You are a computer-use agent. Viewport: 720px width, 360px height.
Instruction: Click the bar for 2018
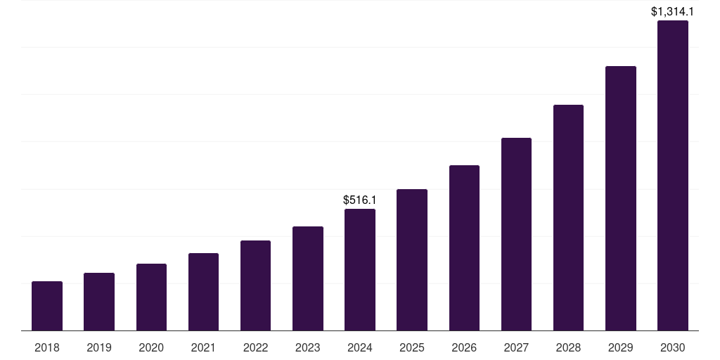click(x=47, y=306)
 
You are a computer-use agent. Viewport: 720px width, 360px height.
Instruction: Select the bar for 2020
click(x=151, y=297)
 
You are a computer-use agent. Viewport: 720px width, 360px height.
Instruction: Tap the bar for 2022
click(x=255, y=285)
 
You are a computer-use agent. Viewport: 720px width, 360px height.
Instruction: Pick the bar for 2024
click(x=360, y=270)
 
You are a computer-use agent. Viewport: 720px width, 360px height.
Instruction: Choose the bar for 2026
click(x=464, y=247)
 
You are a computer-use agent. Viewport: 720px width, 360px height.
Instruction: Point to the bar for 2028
click(x=568, y=217)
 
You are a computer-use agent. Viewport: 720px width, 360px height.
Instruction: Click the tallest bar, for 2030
click(x=673, y=176)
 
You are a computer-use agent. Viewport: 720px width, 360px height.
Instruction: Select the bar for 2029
click(x=621, y=198)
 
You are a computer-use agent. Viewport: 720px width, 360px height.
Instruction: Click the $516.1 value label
click(x=360, y=200)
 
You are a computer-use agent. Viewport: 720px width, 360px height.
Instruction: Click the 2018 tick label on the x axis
click(x=47, y=347)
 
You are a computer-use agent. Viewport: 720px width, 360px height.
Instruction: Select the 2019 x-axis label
click(x=99, y=347)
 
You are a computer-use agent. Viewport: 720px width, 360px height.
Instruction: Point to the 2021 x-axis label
click(x=203, y=347)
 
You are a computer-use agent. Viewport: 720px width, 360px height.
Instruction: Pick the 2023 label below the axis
click(x=308, y=347)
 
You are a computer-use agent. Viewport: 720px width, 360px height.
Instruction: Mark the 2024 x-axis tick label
click(x=360, y=347)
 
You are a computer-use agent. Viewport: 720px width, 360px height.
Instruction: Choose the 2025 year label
click(x=412, y=347)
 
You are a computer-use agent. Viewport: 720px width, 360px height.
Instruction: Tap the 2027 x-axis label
click(x=516, y=347)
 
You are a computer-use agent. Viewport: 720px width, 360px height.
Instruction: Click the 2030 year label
click(x=673, y=347)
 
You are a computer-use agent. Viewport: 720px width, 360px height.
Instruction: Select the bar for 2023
click(x=308, y=278)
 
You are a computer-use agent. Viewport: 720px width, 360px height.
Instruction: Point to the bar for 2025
click(x=412, y=259)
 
